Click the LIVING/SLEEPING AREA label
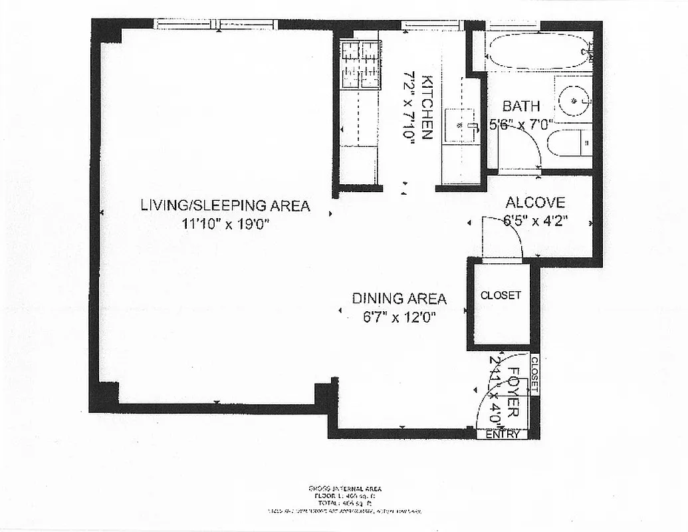(225, 205)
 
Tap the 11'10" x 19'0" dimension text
(225, 224)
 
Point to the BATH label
(520, 106)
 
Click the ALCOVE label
(535, 203)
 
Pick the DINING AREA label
(399, 299)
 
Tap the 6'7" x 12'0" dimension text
(399, 317)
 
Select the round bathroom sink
(572, 101)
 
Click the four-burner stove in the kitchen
(360, 65)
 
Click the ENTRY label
(502, 434)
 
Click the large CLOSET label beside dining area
(501, 295)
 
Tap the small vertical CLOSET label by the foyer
(534, 374)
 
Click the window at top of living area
(215, 25)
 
